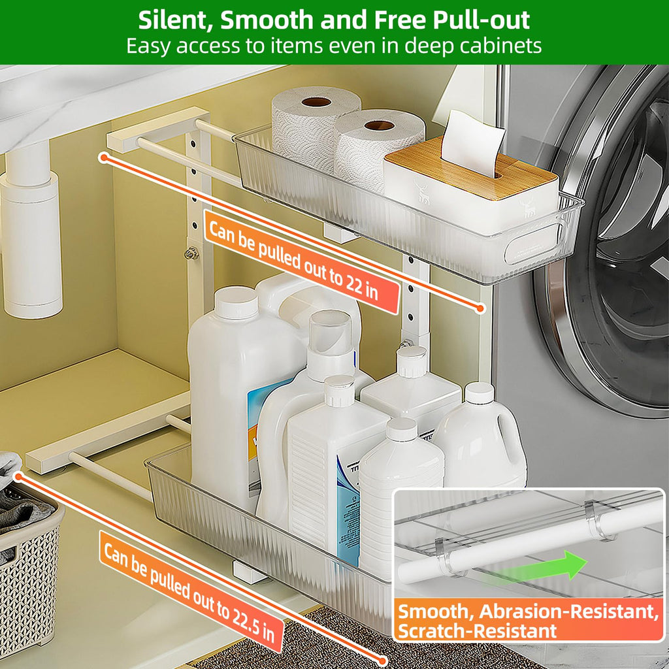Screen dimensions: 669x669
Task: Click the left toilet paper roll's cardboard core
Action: pyautogui.click(x=317, y=102)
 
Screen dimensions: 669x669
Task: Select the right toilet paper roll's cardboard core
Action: pyautogui.click(x=380, y=125)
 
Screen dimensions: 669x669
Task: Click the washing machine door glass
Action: pyautogui.click(x=627, y=229)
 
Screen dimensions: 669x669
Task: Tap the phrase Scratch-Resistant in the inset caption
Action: pyautogui.click(x=478, y=630)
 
